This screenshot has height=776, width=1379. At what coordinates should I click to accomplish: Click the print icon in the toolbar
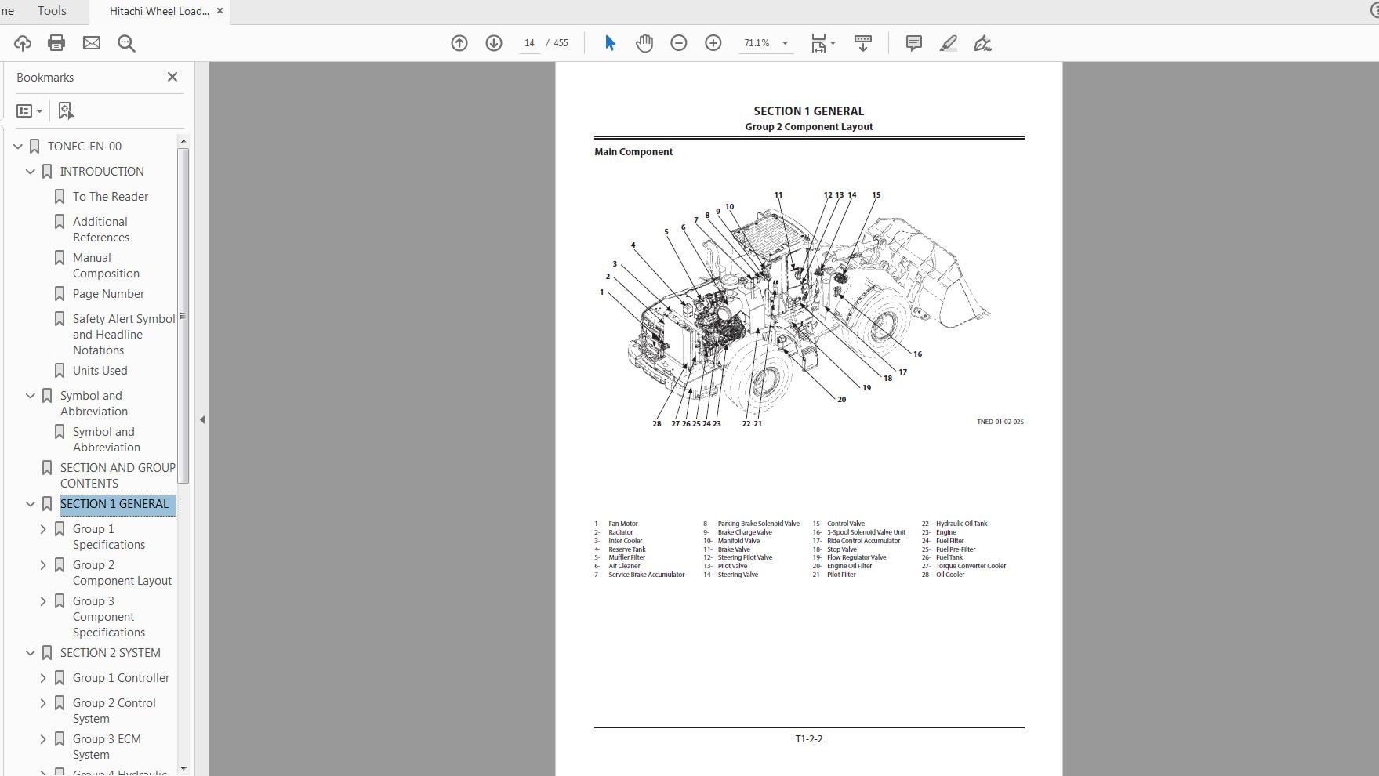coord(56,43)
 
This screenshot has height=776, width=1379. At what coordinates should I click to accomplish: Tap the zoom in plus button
coord(713,43)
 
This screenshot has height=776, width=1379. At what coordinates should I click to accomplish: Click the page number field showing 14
coord(530,43)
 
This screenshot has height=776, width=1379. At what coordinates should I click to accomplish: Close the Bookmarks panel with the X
coord(172,77)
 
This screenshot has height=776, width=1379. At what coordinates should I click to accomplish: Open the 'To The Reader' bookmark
coord(111,197)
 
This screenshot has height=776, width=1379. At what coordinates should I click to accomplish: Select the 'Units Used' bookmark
coord(100,371)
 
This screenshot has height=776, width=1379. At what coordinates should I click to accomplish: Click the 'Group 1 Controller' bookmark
coord(121,678)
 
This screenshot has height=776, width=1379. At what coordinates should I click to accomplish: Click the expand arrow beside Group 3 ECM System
coord(43,739)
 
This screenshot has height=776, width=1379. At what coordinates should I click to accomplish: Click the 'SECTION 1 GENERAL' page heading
coord(808,111)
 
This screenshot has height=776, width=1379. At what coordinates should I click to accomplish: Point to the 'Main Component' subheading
coord(633,152)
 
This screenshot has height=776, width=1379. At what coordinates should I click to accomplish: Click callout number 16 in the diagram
coord(917,354)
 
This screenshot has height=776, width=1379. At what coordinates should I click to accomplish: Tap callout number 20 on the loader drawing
coord(841,400)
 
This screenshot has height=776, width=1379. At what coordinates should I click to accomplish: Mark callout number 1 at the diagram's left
coord(602,292)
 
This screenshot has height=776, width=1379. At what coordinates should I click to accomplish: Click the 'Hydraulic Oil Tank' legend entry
coord(961,524)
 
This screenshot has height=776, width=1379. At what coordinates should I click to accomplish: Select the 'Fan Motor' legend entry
coord(622,524)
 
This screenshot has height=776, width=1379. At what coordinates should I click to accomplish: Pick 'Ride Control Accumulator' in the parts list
coord(863,541)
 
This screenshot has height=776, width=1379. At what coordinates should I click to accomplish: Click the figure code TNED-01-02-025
coord(1000,422)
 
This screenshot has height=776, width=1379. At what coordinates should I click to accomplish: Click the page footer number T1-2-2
coord(808,739)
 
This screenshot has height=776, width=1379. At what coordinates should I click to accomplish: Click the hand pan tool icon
coord(644,43)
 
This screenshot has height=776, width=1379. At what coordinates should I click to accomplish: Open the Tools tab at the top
coord(52,11)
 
